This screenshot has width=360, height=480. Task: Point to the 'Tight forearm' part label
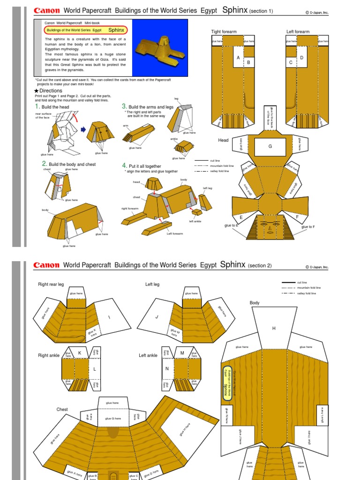coord(224,31)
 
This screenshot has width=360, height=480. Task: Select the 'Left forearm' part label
coord(298,31)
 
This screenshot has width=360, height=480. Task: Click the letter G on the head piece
coord(270,146)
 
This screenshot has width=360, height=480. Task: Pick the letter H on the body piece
coord(274,329)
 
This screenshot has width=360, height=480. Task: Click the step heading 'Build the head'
coord(55,107)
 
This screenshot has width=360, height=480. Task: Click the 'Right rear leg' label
coord(51,284)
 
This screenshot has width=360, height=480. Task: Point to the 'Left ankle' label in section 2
coord(148,355)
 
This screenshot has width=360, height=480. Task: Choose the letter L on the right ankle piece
coord(94,369)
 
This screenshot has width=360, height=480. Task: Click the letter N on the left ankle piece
coord(166,369)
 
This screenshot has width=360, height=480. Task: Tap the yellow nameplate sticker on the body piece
coord(227,382)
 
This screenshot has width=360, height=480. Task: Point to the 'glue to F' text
coord(308,227)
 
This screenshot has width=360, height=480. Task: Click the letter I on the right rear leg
coord(109,317)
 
